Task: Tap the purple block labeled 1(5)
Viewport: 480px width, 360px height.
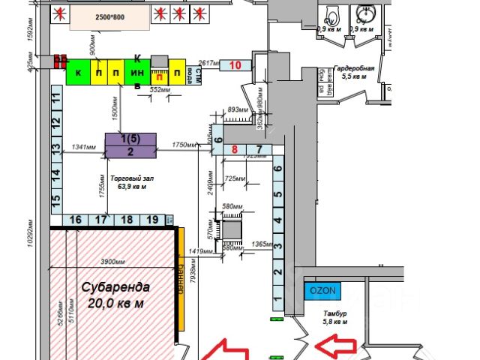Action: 130,139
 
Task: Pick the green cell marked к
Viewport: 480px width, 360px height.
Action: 77,74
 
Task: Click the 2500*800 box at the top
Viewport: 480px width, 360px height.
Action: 100,16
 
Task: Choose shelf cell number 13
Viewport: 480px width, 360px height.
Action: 55,148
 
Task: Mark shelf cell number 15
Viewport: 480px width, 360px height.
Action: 55,200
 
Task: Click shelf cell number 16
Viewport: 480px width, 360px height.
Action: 75,220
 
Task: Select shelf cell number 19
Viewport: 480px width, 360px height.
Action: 152,220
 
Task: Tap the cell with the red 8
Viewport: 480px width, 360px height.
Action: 235,150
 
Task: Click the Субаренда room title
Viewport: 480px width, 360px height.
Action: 115,286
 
